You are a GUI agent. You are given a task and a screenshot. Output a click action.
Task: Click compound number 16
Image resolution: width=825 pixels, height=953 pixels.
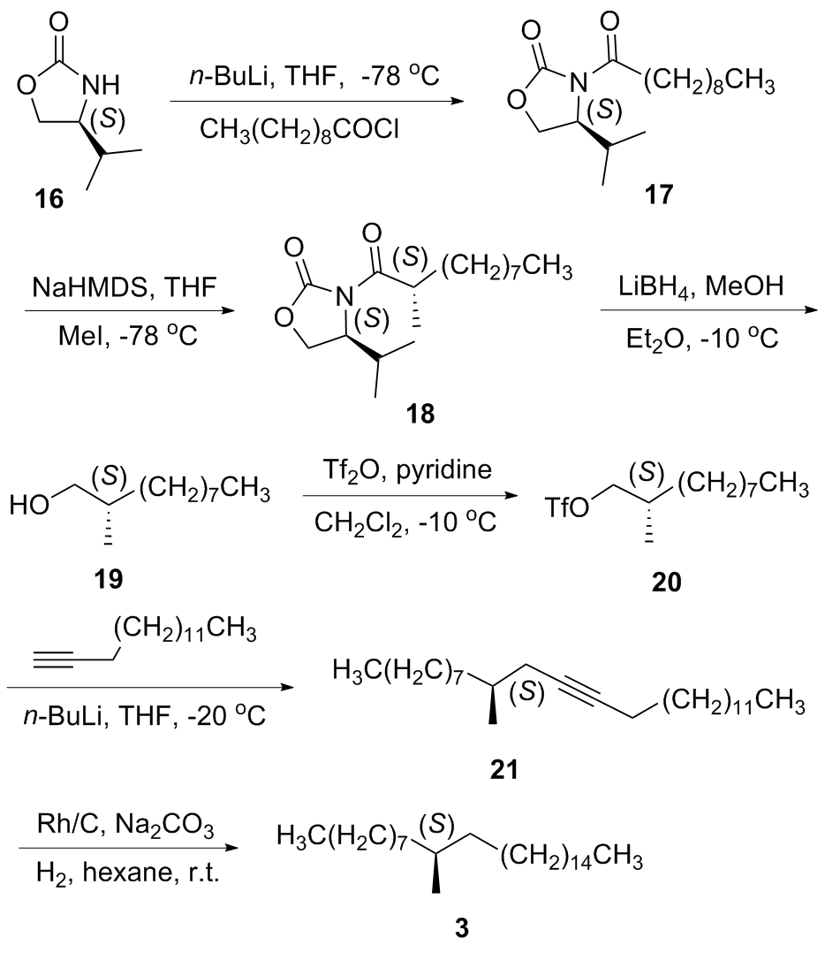click(x=49, y=198)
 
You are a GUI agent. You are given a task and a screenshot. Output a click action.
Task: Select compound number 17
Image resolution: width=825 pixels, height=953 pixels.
click(x=659, y=194)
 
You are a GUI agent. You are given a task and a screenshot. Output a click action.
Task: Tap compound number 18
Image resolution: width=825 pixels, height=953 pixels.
click(x=420, y=414)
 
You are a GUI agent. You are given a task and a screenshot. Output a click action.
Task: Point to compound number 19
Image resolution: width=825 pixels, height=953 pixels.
click(x=108, y=578)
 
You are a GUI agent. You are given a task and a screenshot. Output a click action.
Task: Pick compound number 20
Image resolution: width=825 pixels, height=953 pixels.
click(x=667, y=582)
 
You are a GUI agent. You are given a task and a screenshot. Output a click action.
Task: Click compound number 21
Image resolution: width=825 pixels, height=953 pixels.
click(x=503, y=770)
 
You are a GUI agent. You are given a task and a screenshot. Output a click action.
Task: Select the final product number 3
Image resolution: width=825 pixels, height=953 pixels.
click(x=461, y=928)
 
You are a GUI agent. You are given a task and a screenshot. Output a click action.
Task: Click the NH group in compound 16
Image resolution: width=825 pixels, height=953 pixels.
click(x=101, y=85)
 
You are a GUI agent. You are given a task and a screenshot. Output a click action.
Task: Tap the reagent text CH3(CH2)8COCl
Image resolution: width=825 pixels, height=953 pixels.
click(x=299, y=130)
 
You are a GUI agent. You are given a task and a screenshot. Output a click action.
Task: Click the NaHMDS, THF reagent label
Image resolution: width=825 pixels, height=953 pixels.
click(x=125, y=286)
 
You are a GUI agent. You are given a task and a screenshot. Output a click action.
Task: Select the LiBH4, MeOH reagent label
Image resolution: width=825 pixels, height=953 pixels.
click(x=701, y=286)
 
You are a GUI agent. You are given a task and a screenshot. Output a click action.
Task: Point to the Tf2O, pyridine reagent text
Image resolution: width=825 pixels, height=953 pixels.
click(x=406, y=470)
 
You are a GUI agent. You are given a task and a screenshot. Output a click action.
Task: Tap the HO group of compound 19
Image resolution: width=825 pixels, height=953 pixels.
click(x=29, y=505)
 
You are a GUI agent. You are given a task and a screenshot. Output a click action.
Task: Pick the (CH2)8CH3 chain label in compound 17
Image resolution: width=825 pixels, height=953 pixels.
click(x=709, y=82)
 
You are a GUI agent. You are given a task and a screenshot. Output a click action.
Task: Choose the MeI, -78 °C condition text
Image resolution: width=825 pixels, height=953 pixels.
click(x=128, y=336)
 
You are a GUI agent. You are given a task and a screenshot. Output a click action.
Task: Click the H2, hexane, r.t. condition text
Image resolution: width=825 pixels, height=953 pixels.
click(x=127, y=873)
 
